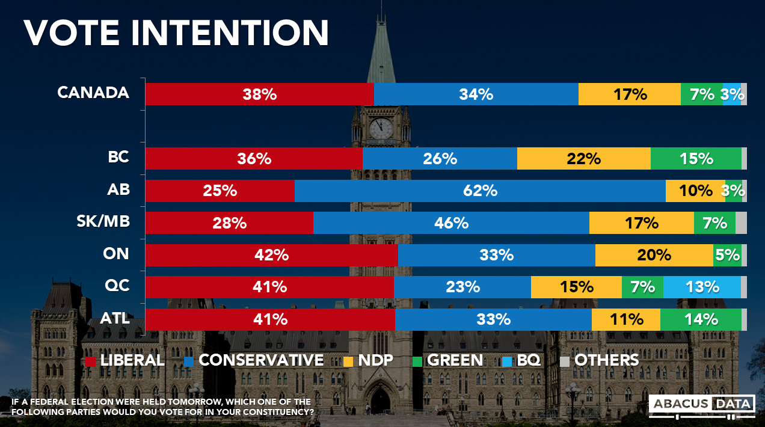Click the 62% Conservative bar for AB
coord(480,191)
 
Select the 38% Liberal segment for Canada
coord(259,94)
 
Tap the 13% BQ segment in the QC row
coord(702,287)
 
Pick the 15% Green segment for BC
coord(696,159)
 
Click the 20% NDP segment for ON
coord(654,255)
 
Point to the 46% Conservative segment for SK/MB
coord(451,223)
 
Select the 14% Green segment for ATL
coord(701,319)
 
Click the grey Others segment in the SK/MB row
coord(741,223)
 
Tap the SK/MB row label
coord(105,222)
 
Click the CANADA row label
coord(93,93)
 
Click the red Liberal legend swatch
coord(90,361)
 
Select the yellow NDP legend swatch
coord(348,361)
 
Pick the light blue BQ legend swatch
coord(506,361)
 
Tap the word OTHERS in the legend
coord(606,360)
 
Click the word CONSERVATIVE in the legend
coord(260,360)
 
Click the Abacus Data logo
coord(702,405)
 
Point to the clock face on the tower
coord(381,128)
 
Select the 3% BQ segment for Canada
coord(731,94)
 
